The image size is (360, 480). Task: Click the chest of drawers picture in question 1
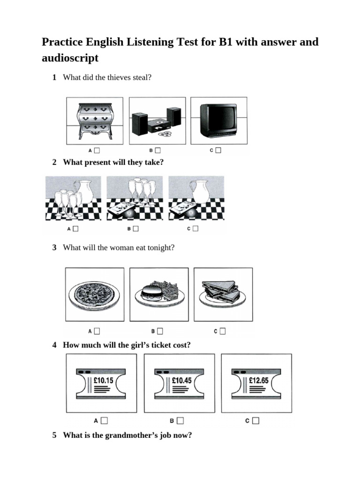[x=95, y=121]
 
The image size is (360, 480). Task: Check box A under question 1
[x=97, y=150]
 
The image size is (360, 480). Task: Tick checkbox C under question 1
[x=218, y=150]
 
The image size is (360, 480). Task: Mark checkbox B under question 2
[x=135, y=229]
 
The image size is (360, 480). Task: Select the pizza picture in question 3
[x=94, y=296]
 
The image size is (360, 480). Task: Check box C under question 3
[x=222, y=331]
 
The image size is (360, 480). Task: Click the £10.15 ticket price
[x=103, y=381]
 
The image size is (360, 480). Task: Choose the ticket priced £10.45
[x=181, y=381]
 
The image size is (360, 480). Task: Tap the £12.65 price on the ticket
[x=259, y=381]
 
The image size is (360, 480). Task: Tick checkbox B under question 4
[x=180, y=420]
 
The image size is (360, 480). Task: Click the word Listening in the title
[x=150, y=42]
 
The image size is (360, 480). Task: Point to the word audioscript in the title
[x=70, y=58]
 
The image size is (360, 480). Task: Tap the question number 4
[x=54, y=345]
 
